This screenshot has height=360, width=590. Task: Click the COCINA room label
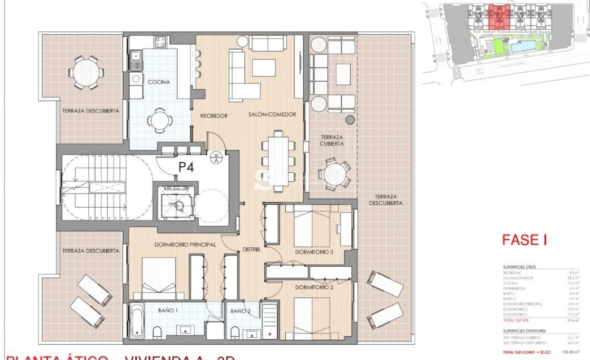click(159, 82)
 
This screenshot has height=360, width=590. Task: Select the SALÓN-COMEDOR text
click(272, 114)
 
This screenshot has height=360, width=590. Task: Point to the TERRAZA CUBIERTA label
click(332, 140)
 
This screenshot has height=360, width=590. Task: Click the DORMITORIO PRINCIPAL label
click(185, 245)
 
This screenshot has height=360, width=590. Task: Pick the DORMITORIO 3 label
click(314, 252)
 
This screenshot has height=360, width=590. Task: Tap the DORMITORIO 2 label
click(314, 287)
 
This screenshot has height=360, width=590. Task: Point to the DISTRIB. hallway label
click(252, 250)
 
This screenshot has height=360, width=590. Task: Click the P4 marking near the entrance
click(186, 167)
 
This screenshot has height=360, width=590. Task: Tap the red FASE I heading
click(524, 240)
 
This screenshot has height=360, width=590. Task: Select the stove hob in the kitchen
click(161, 42)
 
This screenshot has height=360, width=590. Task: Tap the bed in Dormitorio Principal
click(158, 278)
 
